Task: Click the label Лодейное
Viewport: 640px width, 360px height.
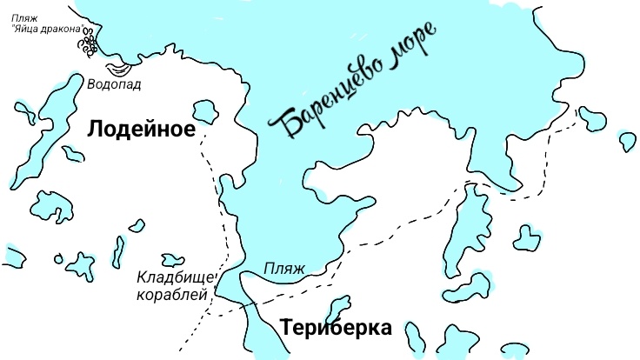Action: click(139, 129)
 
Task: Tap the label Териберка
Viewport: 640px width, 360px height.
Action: click(336, 328)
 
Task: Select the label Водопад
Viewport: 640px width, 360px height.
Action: click(114, 84)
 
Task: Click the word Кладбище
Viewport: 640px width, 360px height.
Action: click(172, 278)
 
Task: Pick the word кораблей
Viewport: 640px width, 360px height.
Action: click(173, 295)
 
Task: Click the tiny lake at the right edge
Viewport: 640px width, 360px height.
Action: click(626, 139)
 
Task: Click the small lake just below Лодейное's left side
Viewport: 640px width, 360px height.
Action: click(72, 153)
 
